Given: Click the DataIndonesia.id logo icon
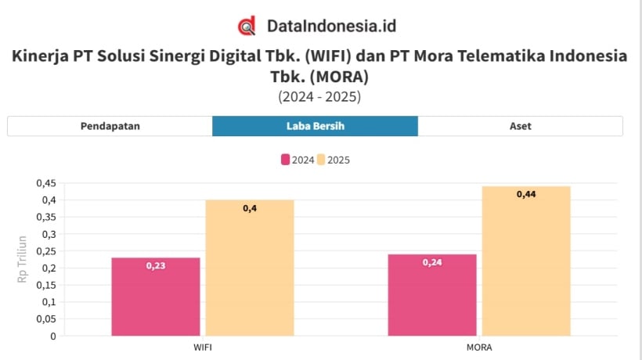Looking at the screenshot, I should pyautogui.click(x=247, y=26).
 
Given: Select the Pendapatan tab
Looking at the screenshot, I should pyautogui.click(x=110, y=126).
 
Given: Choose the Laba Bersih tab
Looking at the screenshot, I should pyautogui.click(x=315, y=126).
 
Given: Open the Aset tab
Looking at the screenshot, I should pyautogui.click(x=520, y=126).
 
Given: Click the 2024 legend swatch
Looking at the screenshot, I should pyautogui.click(x=286, y=160).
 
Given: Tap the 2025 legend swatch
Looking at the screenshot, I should pyautogui.click(x=321, y=160).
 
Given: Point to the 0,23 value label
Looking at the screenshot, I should pyautogui.click(x=156, y=266).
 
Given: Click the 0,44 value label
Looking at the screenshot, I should pyautogui.click(x=526, y=194).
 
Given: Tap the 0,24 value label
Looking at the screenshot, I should pyautogui.click(x=432, y=262).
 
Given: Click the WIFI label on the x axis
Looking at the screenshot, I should pyautogui.click(x=202, y=347).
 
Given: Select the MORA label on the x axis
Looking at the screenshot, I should pyautogui.click(x=478, y=347).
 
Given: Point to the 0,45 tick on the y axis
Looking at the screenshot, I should pyautogui.click(x=46, y=183).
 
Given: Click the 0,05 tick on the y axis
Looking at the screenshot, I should pyautogui.click(x=46, y=319).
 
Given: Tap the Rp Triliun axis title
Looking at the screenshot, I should pyautogui.click(x=22, y=259).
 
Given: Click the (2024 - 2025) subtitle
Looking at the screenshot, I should pyautogui.click(x=319, y=97).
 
